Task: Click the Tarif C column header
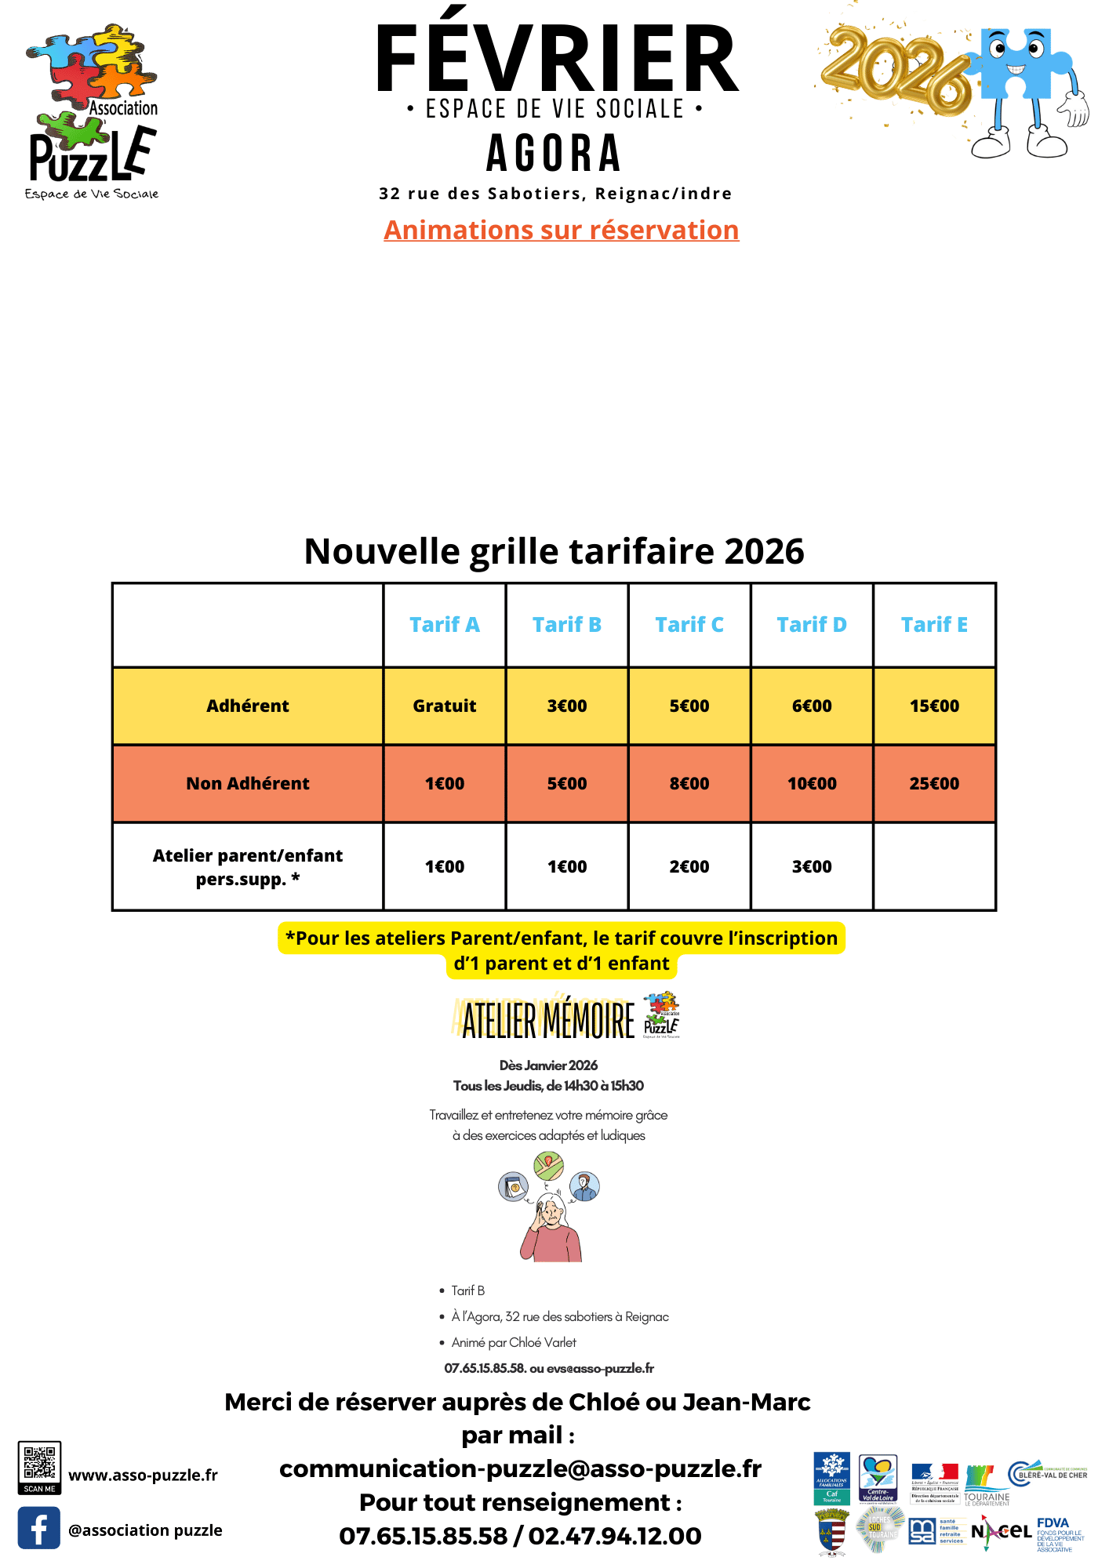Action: [689, 625]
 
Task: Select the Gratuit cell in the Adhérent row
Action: [444, 706]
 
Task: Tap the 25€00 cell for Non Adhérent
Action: [933, 783]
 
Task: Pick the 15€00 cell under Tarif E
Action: [933, 706]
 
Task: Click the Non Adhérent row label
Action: [247, 783]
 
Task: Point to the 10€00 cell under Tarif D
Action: [811, 783]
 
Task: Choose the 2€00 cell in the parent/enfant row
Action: [689, 866]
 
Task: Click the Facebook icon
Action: [39, 1528]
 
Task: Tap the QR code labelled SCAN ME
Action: [39, 1465]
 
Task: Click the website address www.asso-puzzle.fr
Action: [143, 1475]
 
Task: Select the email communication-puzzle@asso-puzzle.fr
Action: [520, 1468]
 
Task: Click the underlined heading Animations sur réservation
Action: [561, 230]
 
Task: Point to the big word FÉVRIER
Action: [557, 59]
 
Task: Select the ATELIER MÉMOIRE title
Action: [548, 1019]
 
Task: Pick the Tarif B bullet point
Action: [467, 1290]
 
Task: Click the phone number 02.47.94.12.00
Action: [615, 1536]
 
